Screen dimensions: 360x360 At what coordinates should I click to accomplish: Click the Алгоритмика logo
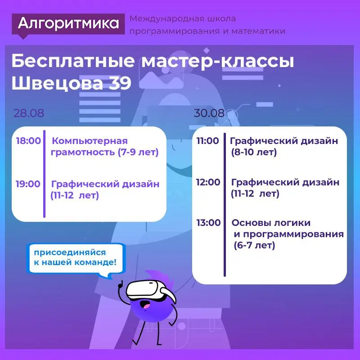(68, 24)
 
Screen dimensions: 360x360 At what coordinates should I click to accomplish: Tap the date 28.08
(29, 113)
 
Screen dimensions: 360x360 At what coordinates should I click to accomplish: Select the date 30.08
(209, 113)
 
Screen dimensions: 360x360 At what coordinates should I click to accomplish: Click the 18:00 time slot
(28, 140)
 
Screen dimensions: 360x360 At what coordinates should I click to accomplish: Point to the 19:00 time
(28, 184)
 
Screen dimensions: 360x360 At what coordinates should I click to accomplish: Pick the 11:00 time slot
(208, 140)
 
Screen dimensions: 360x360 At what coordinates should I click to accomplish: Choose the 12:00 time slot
(208, 182)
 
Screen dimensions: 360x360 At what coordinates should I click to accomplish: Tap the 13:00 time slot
(208, 223)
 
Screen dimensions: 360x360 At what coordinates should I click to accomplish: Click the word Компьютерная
(90, 141)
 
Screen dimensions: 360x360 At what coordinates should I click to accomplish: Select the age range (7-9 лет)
(138, 152)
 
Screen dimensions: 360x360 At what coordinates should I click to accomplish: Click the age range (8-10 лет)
(254, 152)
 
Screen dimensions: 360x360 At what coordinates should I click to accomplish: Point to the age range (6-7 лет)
(254, 245)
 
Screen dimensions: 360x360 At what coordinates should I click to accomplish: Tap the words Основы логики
(271, 223)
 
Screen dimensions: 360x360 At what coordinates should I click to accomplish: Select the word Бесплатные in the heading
(73, 61)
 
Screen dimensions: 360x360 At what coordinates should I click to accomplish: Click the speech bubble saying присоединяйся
(76, 258)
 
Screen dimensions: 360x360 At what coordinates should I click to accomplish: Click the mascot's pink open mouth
(146, 306)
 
